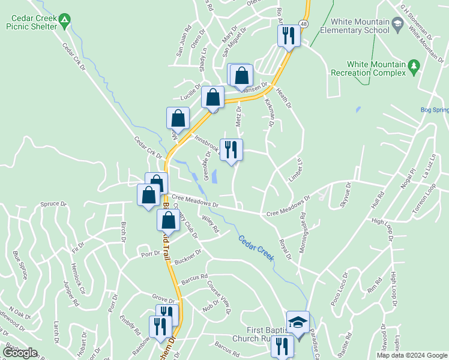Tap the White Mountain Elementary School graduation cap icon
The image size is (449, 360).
pos(397,25)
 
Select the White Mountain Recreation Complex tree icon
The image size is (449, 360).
pos(413,68)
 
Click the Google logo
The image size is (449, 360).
pos(20,353)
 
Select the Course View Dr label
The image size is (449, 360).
pos(218,297)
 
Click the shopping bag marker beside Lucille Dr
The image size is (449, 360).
pos(212,97)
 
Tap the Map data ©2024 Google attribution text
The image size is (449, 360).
pos(411,355)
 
